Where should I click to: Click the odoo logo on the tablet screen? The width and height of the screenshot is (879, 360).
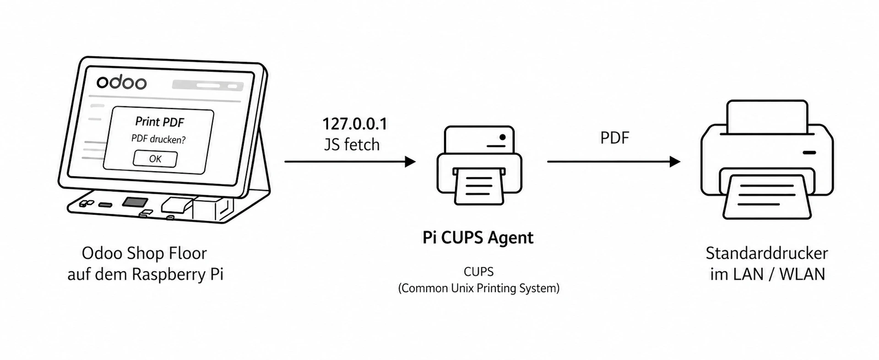(121, 82)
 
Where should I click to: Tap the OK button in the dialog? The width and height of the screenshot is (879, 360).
(155, 158)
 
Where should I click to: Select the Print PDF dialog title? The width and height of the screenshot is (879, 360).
(159, 122)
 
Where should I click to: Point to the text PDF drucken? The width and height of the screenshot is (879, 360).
(158, 139)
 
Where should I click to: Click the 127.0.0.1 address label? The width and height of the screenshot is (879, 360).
(355, 124)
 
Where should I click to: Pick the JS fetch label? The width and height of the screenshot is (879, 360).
(352, 145)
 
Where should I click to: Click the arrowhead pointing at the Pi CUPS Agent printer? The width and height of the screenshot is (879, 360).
(410, 162)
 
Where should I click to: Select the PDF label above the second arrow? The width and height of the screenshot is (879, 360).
(615, 137)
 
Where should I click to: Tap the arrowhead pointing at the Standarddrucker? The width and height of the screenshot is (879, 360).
(674, 162)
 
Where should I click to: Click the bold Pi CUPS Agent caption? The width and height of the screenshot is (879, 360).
(478, 238)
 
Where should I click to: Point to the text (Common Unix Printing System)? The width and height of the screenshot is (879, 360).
(478, 288)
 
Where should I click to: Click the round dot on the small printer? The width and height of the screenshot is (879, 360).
(503, 137)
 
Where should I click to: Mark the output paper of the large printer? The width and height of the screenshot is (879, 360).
(767, 197)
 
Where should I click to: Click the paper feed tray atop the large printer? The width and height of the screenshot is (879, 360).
(767, 116)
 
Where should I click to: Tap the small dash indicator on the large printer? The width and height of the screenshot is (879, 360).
(809, 153)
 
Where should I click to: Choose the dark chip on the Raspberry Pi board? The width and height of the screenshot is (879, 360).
(135, 202)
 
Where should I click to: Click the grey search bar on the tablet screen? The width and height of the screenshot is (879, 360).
(207, 85)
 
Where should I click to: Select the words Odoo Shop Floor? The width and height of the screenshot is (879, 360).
(144, 253)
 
